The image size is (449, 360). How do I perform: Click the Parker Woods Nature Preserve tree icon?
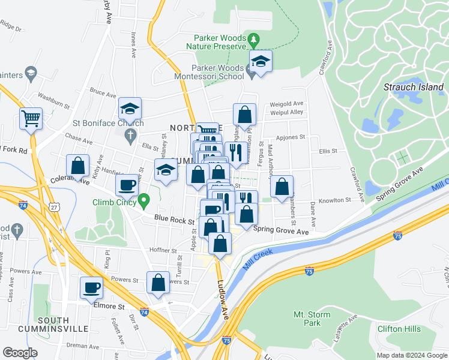[x=255, y=40]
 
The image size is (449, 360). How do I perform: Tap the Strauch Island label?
[x=414, y=87]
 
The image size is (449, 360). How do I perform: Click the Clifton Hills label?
[x=398, y=329]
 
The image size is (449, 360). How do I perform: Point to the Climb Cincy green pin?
[x=143, y=199]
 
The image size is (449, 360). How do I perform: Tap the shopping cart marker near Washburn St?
[x=31, y=118]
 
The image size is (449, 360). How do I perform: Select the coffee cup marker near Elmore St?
[x=92, y=287]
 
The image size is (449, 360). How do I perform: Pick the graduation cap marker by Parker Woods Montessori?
[x=261, y=61]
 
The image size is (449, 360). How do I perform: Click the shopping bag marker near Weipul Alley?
[x=244, y=114]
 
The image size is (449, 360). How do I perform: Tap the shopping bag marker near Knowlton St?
[x=281, y=186]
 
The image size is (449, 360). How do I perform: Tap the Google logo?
[x=20, y=353]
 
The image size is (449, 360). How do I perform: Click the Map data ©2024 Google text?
[x=411, y=355]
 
